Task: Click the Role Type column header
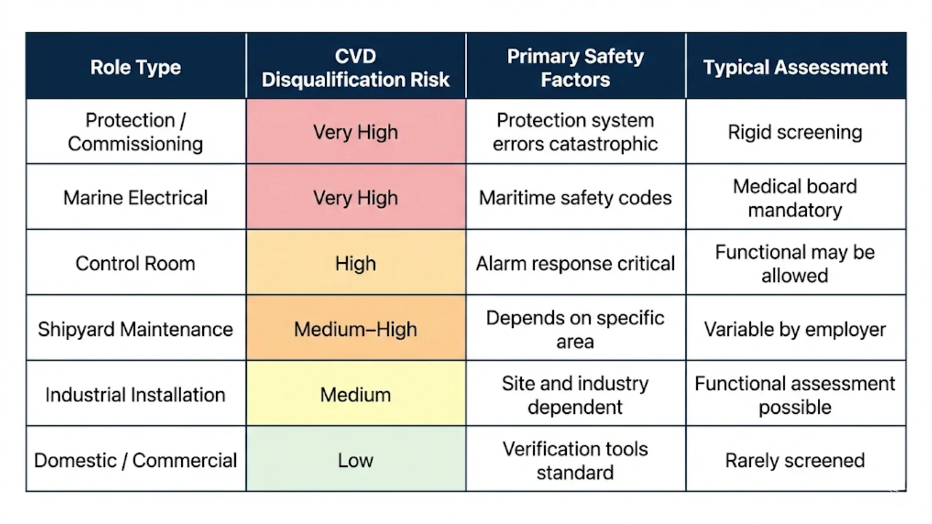(135, 67)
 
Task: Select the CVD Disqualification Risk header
(355, 68)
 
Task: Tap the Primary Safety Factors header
(575, 68)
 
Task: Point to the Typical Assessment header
(795, 67)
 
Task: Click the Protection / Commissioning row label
(135, 132)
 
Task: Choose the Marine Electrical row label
(135, 197)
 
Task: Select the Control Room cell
(135, 263)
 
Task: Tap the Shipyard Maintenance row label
(135, 329)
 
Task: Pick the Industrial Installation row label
(135, 394)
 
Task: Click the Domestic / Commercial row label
(135, 460)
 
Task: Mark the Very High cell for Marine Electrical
(355, 197)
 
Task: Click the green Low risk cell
(355, 460)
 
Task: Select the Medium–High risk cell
(355, 329)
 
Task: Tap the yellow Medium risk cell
(355, 394)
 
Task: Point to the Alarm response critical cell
(575, 263)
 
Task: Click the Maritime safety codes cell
(575, 197)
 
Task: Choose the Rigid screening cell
(795, 132)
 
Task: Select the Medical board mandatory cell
(795, 197)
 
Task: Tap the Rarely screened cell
(795, 460)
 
